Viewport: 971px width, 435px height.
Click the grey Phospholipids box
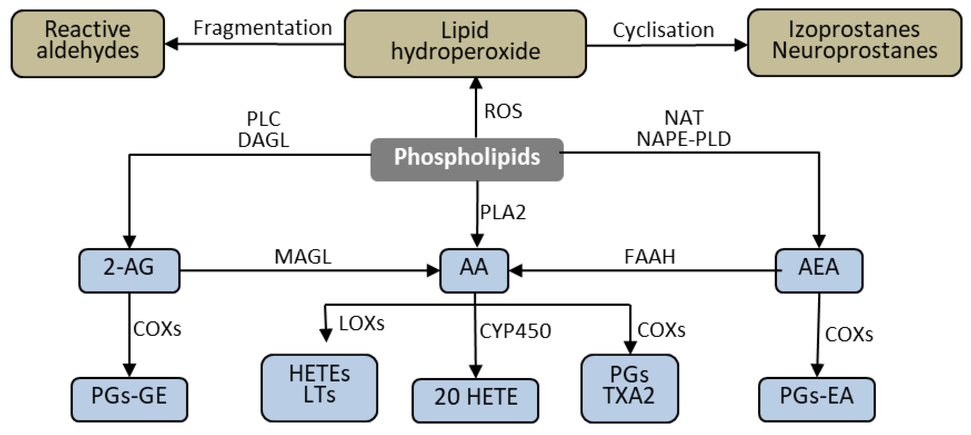click(467, 159)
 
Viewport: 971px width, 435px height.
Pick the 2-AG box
click(129, 270)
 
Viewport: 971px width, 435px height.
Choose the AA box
click(474, 270)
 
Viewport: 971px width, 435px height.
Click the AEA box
click(818, 270)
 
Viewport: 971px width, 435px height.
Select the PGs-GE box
click(129, 399)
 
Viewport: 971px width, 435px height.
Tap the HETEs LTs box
click(319, 388)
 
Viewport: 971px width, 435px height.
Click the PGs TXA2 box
click(629, 388)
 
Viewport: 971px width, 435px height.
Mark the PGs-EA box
click(816, 399)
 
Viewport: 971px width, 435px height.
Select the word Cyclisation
click(663, 30)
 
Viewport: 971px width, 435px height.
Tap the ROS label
click(503, 111)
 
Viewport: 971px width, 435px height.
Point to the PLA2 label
click(503, 212)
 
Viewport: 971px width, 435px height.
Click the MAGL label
click(303, 257)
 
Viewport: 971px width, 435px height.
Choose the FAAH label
click(649, 257)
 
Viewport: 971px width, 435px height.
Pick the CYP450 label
click(515, 331)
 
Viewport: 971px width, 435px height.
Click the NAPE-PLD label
click(683, 139)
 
